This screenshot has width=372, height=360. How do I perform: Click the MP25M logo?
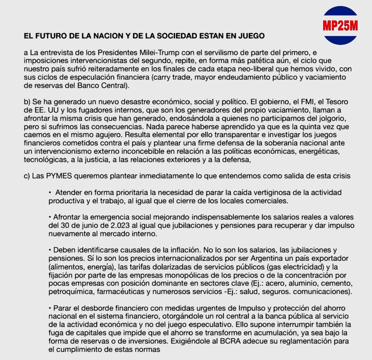coord(340,26)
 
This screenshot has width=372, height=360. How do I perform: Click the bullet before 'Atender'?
coord(50,192)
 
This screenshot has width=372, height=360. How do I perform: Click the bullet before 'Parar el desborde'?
coord(50,309)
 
